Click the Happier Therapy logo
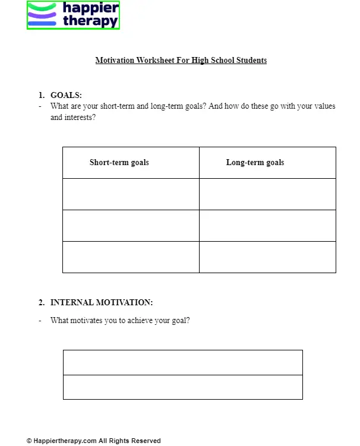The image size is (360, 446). [x=73, y=15]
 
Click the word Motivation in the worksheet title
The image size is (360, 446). [x=115, y=60]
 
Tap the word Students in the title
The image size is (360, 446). [x=251, y=60]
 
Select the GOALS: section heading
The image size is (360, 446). [x=66, y=95]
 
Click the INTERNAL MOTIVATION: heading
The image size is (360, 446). [x=101, y=302]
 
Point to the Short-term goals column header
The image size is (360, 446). [x=119, y=162]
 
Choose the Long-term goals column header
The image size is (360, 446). [x=255, y=162]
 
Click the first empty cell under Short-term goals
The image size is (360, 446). [x=131, y=194]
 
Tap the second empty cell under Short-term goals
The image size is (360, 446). [x=131, y=226]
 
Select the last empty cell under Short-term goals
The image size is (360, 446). [x=131, y=257]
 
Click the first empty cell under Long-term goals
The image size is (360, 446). [x=267, y=194]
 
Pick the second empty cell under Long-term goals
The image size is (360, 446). [x=267, y=226]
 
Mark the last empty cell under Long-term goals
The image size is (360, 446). [x=267, y=257]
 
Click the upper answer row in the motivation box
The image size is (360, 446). [x=182, y=362]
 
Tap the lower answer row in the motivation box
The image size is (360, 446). [x=182, y=387]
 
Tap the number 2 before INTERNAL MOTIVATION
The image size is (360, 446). [x=41, y=302]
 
